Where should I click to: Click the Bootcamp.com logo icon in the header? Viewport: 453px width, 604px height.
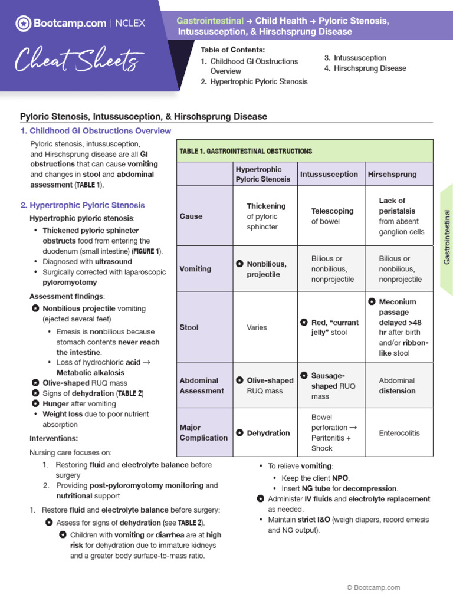[23, 24]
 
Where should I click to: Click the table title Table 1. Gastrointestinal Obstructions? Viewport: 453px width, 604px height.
[246, 152]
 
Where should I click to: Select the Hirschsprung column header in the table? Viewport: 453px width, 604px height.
[392, 174]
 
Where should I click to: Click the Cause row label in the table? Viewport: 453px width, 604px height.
[191, 216]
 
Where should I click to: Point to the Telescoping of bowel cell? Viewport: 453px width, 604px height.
[332, 216]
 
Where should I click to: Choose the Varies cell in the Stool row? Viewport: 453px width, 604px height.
[257, 327]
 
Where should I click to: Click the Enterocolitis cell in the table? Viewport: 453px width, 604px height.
[399, 433]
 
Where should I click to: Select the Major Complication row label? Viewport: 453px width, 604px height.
[203, 432]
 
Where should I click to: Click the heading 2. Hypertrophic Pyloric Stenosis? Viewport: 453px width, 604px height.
[83, 205]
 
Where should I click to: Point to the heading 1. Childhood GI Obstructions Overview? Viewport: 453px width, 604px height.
[96, 131]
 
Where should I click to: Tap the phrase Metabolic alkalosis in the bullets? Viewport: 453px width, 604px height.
[90, 373]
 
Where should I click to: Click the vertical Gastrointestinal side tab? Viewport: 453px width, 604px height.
[447, 237]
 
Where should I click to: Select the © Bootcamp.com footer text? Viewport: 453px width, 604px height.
[373, 587]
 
